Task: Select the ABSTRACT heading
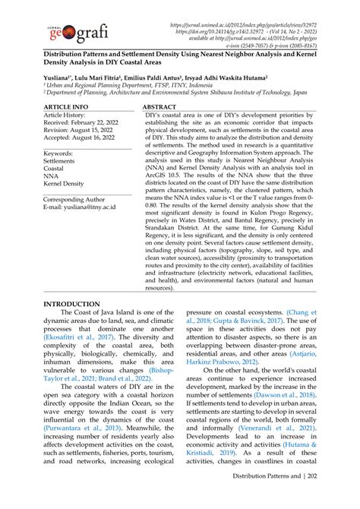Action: [159, 108]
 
